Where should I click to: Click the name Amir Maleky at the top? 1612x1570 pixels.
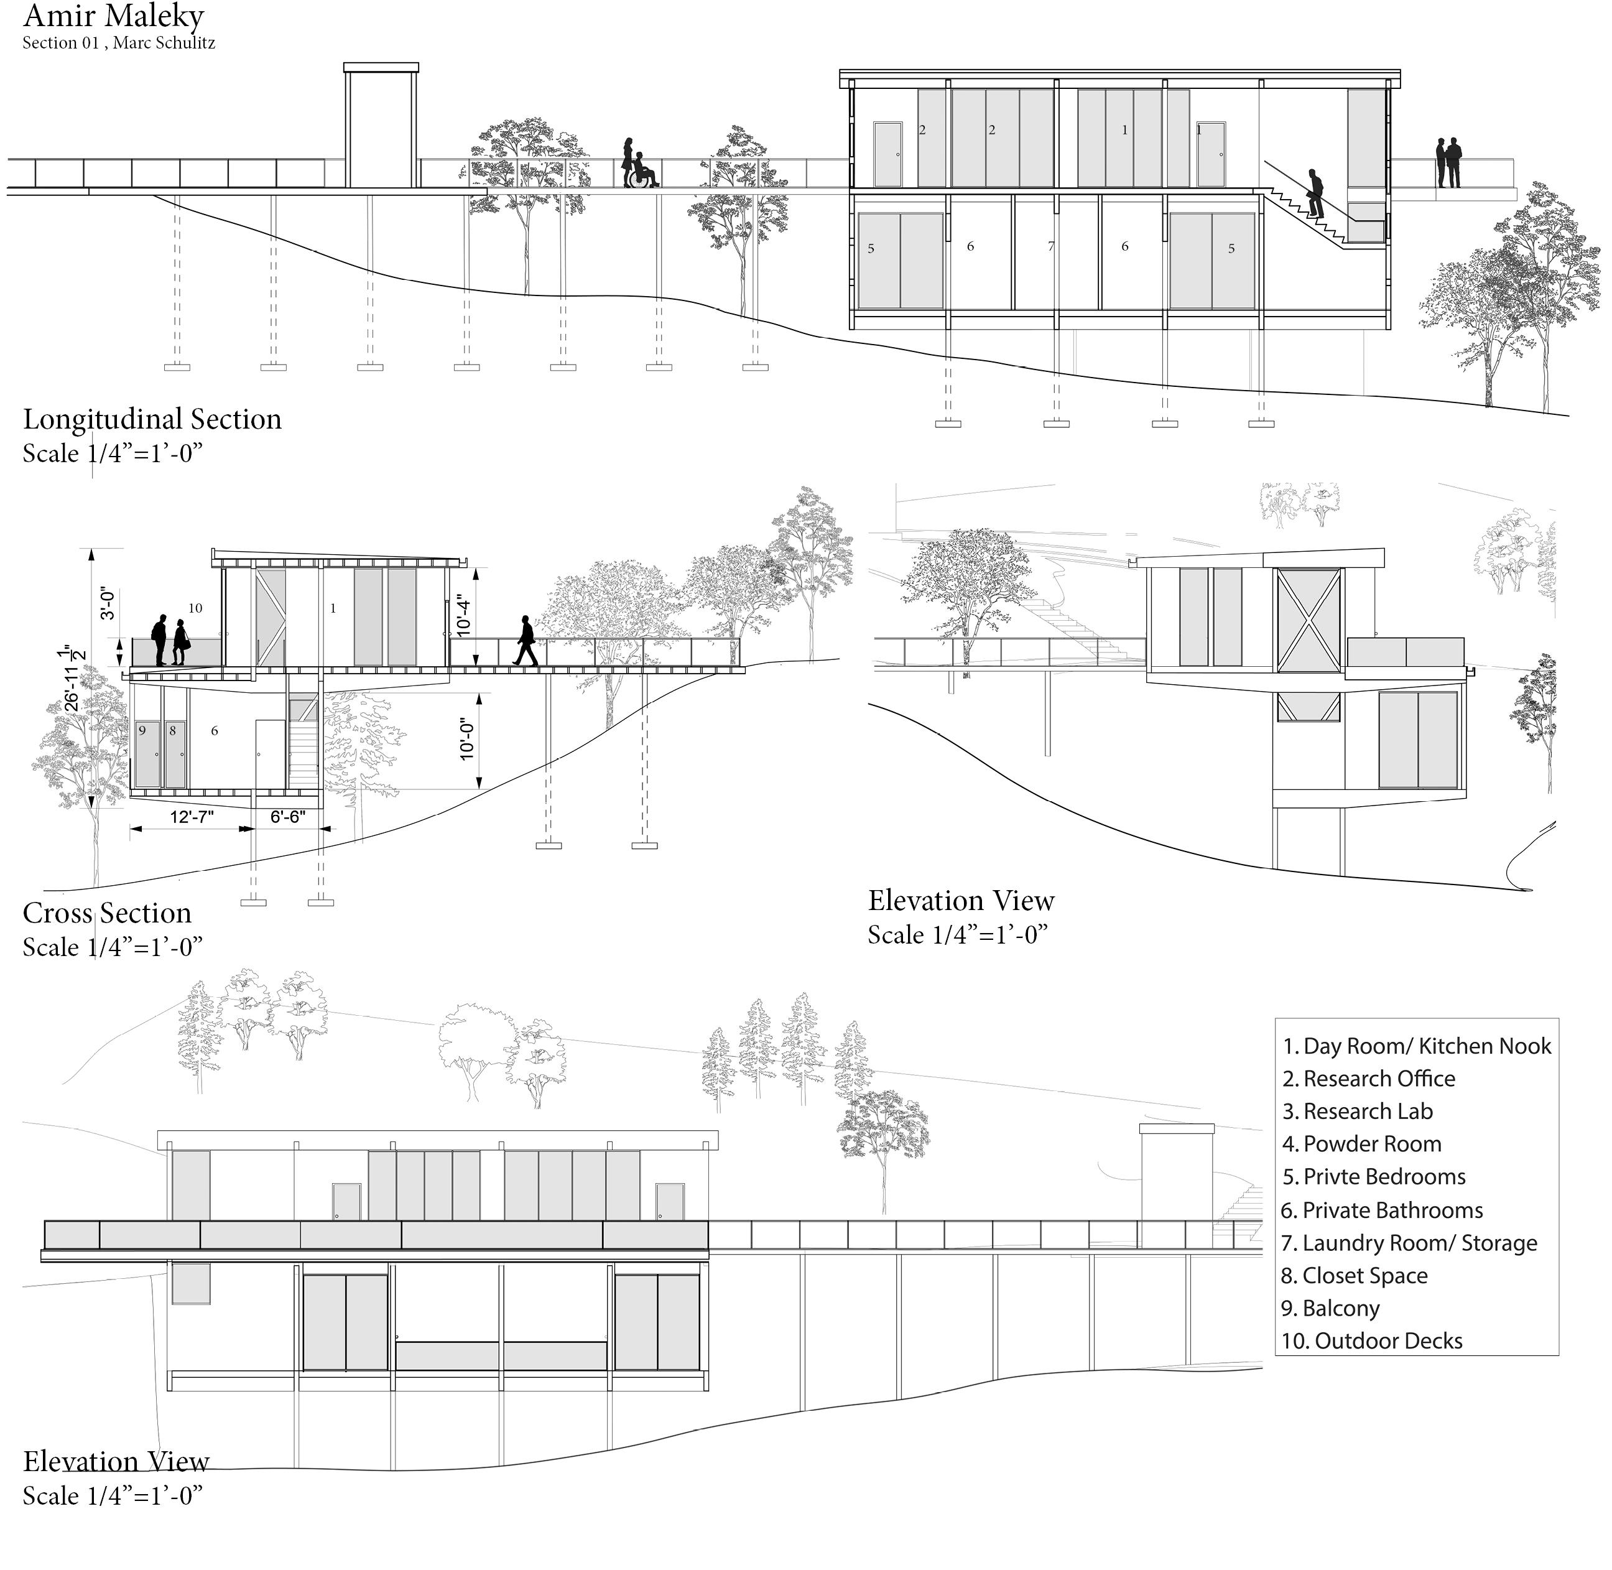tap(113, 17)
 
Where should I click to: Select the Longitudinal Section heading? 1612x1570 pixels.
tap(152, 420)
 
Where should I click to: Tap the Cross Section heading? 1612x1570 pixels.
tap(107, 914)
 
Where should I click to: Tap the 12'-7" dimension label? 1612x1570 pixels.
tap(192, 817)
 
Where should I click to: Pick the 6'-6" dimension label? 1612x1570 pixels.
tap(288, 817)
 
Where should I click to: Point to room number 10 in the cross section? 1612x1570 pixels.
tap(195, 608)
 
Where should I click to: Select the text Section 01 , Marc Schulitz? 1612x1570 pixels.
tap(119, 43)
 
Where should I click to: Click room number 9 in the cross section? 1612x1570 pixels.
tap(142, 731)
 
